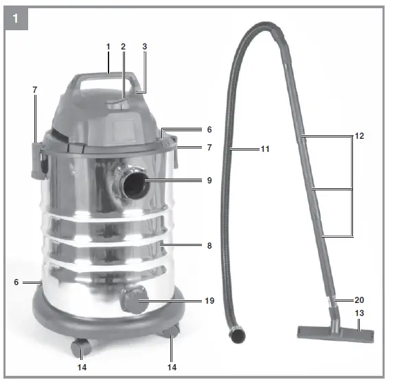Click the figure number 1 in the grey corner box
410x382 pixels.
16,19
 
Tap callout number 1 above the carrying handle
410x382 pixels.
108,46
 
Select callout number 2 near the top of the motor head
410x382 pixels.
124,46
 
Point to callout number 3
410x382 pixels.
144,46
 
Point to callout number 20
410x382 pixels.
359,300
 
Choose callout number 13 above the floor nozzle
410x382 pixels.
359,314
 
